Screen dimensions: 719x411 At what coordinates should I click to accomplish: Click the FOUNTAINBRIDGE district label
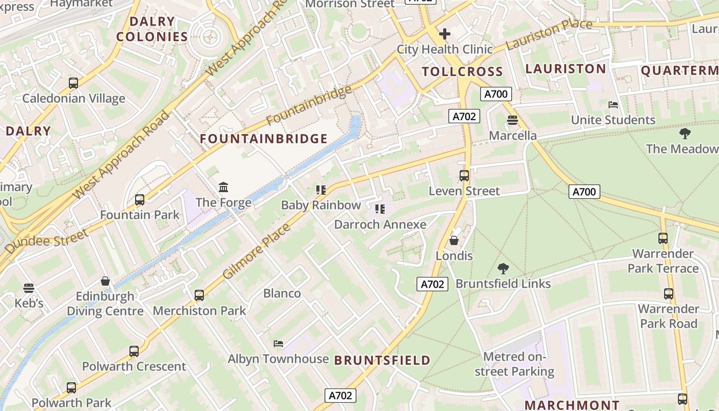[x=263, y=139]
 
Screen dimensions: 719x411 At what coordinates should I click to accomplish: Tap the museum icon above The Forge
[x=223, y=187]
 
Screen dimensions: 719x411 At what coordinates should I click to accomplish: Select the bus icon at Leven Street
[x=464, y=176]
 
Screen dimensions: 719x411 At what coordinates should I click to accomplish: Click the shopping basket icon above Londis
[x=454, y=240]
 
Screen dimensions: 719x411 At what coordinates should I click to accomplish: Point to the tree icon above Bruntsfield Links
[x=503, y=268]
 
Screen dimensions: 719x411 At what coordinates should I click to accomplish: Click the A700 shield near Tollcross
[x=496, y=94]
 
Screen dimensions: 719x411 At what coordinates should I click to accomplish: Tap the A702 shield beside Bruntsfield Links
[x=432, y=284]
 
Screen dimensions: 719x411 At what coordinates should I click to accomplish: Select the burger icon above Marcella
[x=512, y=121]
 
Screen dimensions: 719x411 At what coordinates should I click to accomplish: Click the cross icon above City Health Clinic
[x=445, y=34]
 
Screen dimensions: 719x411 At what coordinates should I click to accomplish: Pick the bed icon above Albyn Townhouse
[x=278, y=343]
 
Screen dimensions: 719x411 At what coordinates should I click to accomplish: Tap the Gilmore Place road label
[x=256, y=252]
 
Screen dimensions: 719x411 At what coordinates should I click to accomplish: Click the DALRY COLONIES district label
[x=152, y=29]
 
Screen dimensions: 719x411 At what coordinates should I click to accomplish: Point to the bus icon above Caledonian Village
[x=73, y=83]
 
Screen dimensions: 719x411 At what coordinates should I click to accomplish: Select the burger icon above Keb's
[x=29, y=288]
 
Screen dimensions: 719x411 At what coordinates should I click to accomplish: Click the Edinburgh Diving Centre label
[x=105, y=304]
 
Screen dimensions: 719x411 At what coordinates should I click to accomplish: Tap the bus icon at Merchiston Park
[x=199, y=295]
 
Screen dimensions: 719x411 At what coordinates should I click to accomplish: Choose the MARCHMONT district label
[x=572, y=405]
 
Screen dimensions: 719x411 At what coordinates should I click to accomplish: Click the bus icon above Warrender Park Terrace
[x=663, y=238]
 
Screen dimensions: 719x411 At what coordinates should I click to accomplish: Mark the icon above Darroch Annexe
[x=380, y=209]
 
